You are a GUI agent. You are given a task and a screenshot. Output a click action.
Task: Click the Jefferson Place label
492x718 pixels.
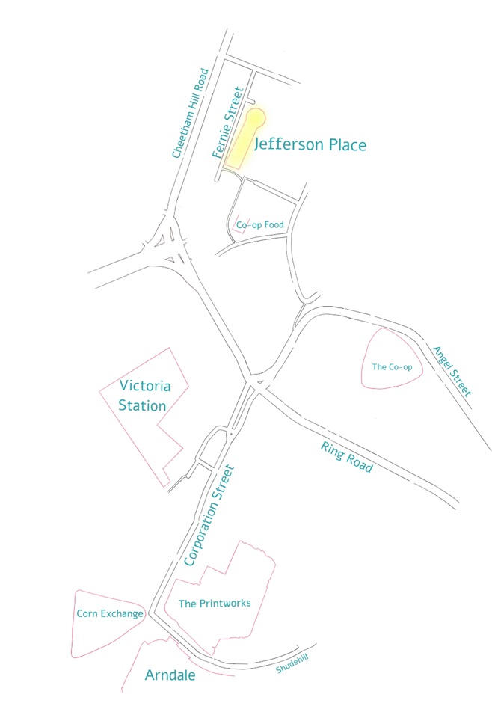310,144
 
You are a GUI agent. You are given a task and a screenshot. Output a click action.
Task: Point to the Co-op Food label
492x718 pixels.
257,224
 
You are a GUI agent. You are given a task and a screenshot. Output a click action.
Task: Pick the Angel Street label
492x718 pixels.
453,371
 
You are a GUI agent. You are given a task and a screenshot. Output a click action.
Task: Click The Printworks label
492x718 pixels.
215,603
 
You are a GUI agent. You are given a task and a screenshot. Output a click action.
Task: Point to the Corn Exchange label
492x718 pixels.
110,614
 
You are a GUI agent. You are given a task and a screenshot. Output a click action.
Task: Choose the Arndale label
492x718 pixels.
170,675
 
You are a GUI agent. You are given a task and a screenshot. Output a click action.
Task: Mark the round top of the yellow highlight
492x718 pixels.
256,118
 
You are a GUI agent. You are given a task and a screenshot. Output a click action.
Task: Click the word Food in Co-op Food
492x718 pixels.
271,224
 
